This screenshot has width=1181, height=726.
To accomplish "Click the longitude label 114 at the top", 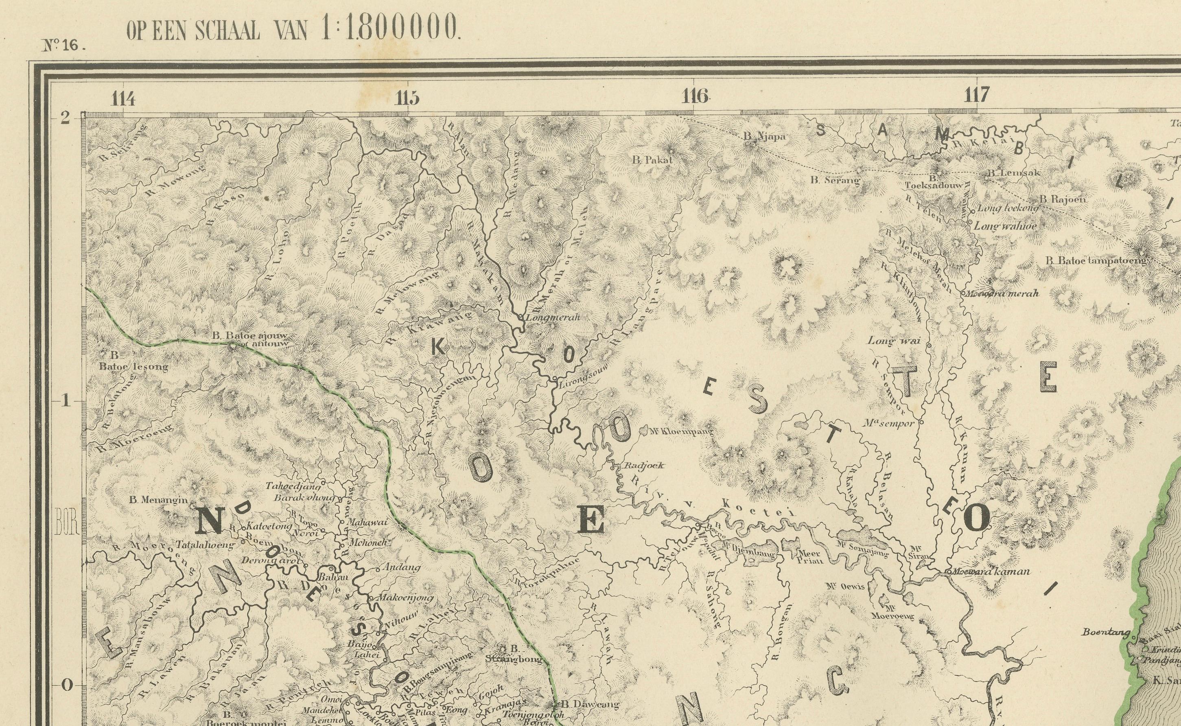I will (x=123, y=98).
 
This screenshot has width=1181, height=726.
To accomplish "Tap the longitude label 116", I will (x=695, y=96).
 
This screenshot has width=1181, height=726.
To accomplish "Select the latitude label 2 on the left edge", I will (x=65, y=118).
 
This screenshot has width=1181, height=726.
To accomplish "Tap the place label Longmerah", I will (x=553, y=317).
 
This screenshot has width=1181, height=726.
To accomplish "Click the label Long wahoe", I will (x=1005, y=226).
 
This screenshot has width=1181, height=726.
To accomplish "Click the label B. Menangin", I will (x=158, y=500).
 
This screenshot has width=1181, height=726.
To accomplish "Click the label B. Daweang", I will (x=590, y=704).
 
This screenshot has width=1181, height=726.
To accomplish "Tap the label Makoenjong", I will (x=406, y=598).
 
